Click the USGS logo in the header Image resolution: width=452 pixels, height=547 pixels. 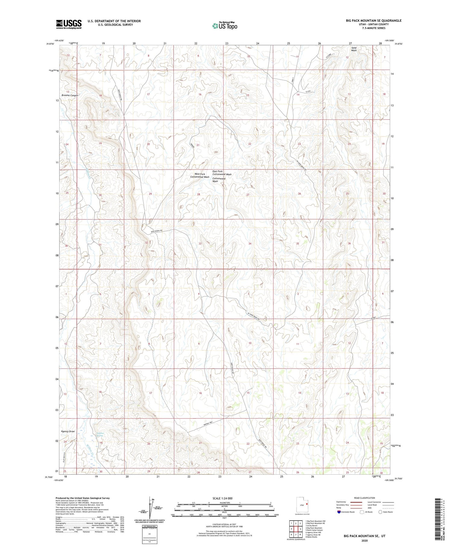click(x=69, y=24)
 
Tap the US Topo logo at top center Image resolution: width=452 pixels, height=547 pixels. click(x=224, y=25)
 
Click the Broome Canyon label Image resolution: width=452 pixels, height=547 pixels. click(x=70, y=95)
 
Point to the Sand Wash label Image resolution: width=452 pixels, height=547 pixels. click(x=354, y=49)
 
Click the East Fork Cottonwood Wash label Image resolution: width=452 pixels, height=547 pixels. click(x=222, y=173)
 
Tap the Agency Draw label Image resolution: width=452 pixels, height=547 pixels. click(x=68, y=431)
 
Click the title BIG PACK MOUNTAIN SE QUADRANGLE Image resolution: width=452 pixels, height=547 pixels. click(x=374, y=21)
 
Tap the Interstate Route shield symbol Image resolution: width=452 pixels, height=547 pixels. click(x=339, y=512)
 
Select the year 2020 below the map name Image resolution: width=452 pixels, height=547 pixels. click(x=364, y=540)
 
